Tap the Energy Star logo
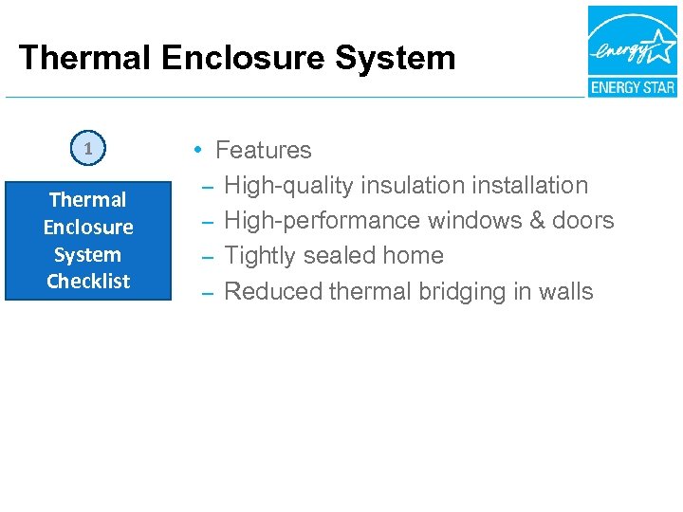[632, 51]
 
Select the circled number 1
[88, 149]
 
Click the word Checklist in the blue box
[88, 282]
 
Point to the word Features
[263, 150]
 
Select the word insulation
[402, 185]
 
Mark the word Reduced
[272, 291]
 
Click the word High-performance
[322, 220]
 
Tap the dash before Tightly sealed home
[206, 256]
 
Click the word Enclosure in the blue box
[88, 228]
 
